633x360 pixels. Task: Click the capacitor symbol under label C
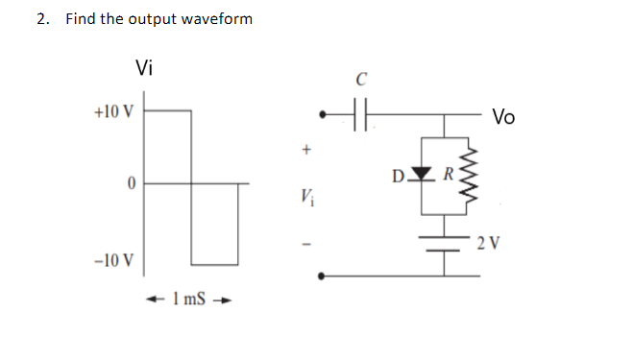[x=360, y=112]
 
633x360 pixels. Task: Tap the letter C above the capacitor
[x=360, y=80]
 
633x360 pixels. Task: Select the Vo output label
[x=503, y=118]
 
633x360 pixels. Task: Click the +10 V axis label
[x=113, y=110]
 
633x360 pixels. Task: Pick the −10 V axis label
[x=113, y=261]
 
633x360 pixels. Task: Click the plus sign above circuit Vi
[x=307, y=150]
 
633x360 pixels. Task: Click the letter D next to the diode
[x=398, y=176]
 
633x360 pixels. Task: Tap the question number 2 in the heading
[x=43, y=19]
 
